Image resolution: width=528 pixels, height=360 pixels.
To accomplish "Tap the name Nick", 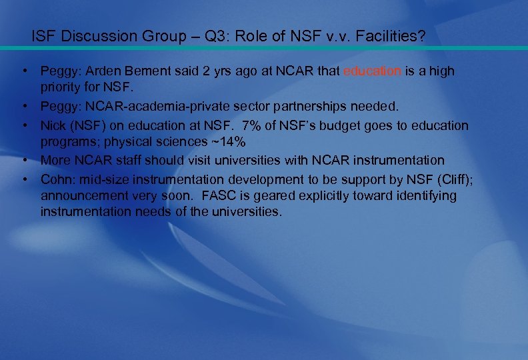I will click(x=53, y=125).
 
